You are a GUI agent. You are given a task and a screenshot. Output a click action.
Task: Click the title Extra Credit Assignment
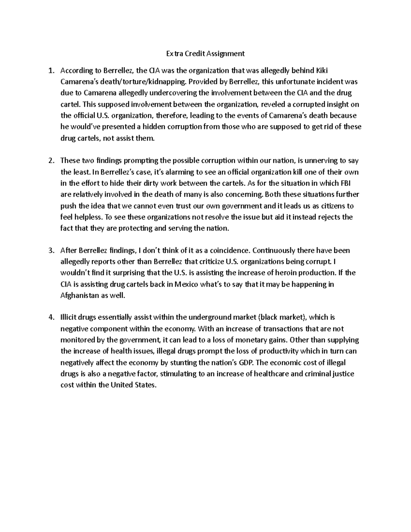[206, 53]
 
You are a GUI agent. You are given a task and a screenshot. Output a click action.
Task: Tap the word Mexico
[186, 284]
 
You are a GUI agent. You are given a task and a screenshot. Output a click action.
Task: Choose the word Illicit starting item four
[70, 318]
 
